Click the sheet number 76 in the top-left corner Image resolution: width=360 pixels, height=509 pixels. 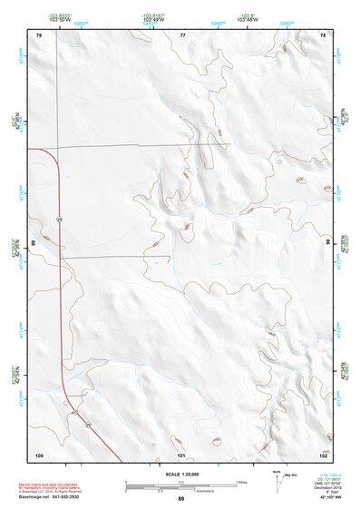pos(39,34)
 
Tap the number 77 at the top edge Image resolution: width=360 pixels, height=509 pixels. pos(182,34)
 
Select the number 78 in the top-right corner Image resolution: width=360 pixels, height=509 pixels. pos(323,34)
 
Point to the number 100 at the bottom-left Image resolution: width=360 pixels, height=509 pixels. pos(39,454)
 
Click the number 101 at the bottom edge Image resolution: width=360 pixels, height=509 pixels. pos(181,454)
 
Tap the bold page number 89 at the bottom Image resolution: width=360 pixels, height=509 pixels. pos(181,499)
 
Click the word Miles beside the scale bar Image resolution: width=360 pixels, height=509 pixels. pos(242,481)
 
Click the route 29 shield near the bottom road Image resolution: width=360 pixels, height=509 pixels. pos(88,424)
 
